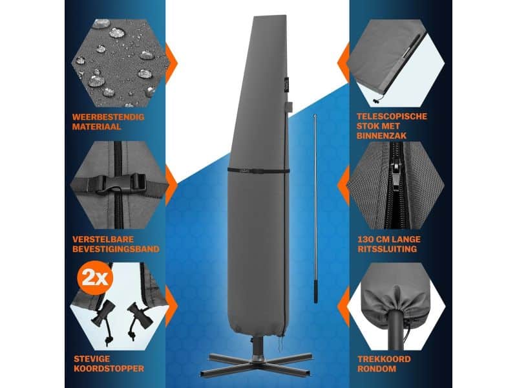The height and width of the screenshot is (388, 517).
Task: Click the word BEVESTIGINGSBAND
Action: (x=116, y=248)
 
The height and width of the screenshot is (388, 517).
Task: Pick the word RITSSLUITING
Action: (x=387, y=248)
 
